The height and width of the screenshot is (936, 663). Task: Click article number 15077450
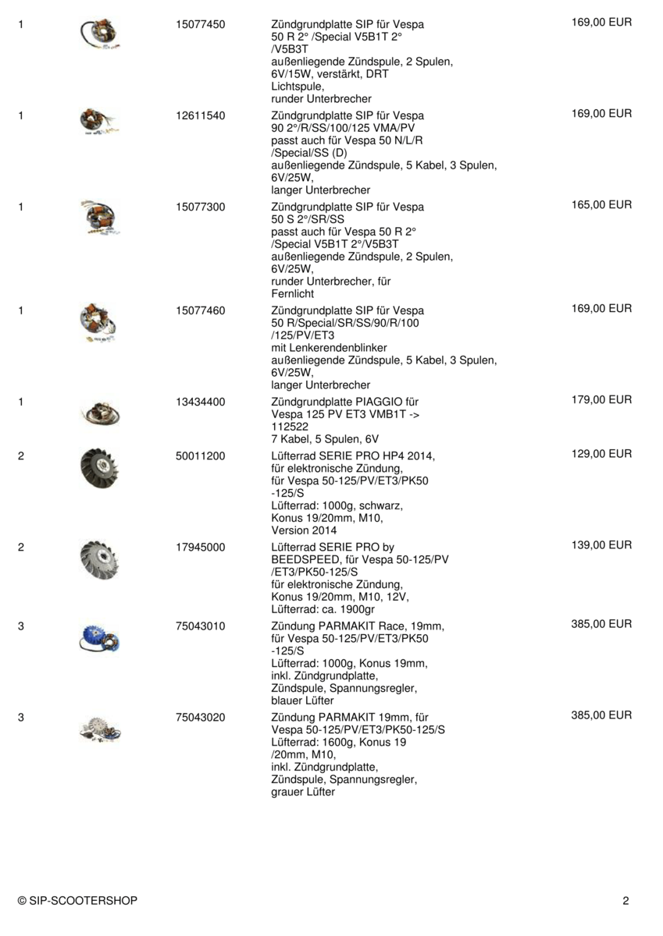point(201,24)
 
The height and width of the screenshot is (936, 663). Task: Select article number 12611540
point(201,115)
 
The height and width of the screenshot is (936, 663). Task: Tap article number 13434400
point(201,402)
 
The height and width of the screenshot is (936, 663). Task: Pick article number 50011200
point(201,456)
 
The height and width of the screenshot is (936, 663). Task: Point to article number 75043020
point(201,717)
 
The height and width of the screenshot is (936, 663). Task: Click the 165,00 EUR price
point(601,205)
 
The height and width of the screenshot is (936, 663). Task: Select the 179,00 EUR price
point(601,400)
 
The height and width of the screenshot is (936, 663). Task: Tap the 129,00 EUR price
point(601,454)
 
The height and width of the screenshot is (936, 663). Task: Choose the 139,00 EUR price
point(601,545)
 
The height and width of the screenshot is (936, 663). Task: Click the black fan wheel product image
point(100,472)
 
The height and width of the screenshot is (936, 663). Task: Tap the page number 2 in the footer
point(626,901)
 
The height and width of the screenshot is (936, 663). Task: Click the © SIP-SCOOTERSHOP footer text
point(77,901)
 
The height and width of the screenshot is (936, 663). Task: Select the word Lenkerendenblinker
point(329,347)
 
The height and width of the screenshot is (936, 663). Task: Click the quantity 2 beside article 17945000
point(20,547)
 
